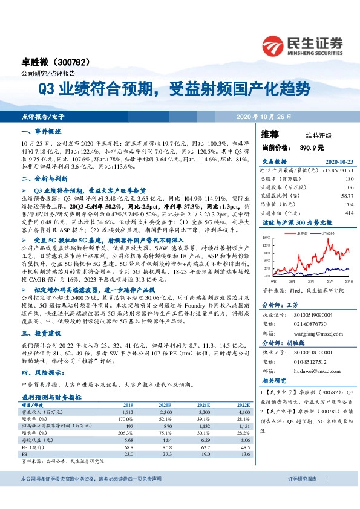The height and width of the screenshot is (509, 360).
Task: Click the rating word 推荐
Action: pyautogui.click(x=270, y=134)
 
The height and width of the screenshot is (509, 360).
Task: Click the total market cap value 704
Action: pyautogui.click(x=349, y=204)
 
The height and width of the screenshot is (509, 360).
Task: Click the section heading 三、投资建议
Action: pyautogui.click(x=41, y=333)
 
